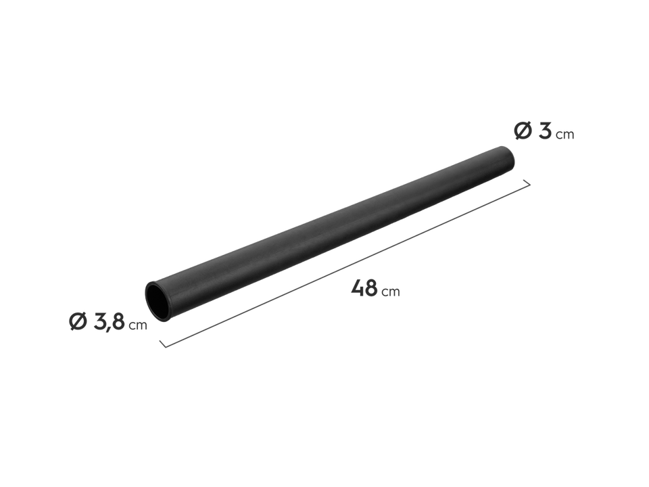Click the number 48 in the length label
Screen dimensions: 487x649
click(364, 287)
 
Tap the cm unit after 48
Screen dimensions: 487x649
click(391, 292)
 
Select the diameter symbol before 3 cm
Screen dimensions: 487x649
click(522, 131)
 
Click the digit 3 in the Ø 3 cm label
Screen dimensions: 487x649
click(544, 131)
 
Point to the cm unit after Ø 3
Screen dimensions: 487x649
click(564, 135)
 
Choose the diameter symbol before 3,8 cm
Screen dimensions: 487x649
click(78, 322)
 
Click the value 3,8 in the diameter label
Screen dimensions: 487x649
click(109, 322)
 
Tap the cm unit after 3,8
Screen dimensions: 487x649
click(138, 326)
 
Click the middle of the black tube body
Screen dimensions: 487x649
click(331, 227)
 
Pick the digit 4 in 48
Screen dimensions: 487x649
click(358, 287)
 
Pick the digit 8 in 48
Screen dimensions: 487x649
click(371, 287)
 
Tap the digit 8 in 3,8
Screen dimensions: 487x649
click(118, 322)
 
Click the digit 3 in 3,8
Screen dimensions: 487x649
click(99, 322)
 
